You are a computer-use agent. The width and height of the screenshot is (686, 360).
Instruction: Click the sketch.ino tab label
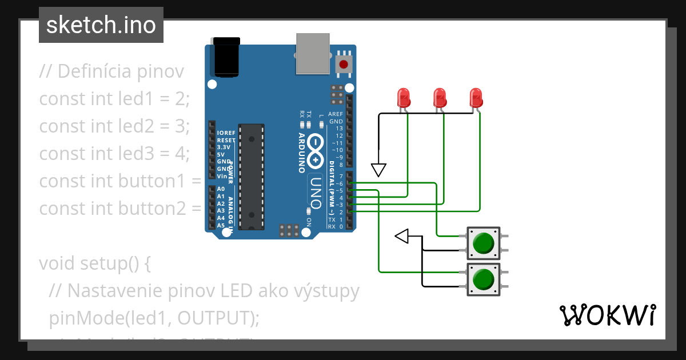[x=101, y=25]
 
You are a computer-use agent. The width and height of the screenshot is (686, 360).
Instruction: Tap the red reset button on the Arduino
[x=344, y=64]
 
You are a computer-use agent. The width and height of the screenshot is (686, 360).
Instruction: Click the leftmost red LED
[x=404, y=98]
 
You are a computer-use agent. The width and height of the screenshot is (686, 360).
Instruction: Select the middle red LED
[x=439, y=98]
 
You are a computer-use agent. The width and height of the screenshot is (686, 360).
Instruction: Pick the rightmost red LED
[x=476, y=98]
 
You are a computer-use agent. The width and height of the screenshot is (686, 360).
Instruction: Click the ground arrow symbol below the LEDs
[x=379, y=170]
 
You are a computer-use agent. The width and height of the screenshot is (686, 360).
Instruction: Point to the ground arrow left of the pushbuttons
[x=402, y=235]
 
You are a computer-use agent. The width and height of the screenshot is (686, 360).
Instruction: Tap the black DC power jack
[x=226, y=57]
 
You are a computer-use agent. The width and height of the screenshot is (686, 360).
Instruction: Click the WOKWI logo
[x=607, y=315]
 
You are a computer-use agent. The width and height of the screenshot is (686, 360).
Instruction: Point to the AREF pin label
[x=335, y=114]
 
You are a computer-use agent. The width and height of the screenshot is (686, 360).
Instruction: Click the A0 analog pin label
[x=221, y=189]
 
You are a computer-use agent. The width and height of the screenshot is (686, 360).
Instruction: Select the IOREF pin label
[x=226, y=133]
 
